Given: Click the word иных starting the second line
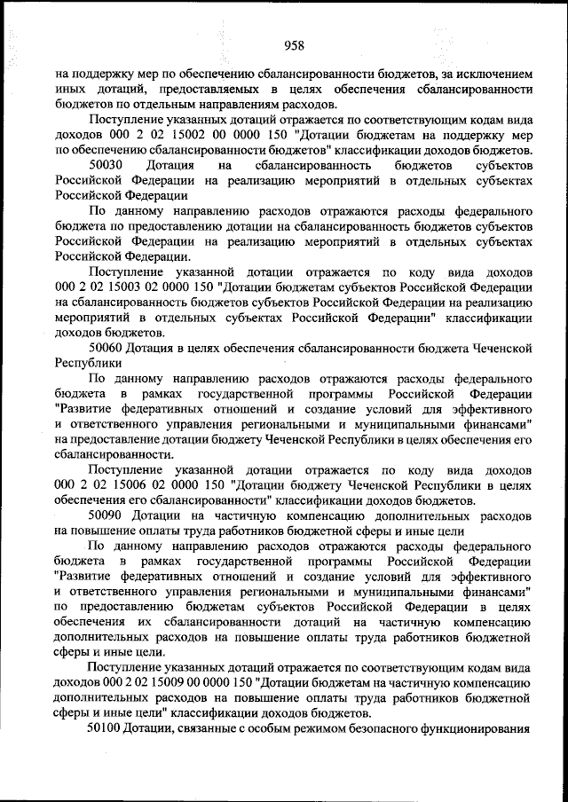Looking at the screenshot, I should point(69,90).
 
